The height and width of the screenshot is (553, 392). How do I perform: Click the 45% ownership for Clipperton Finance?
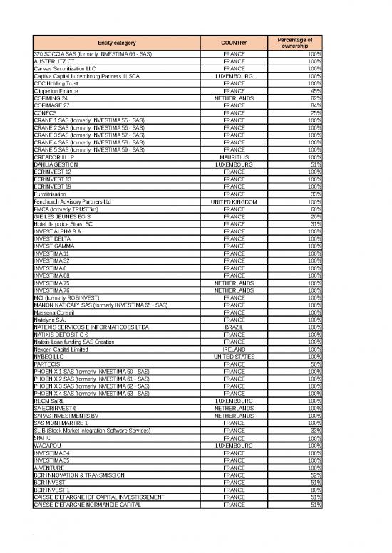[x=314, y=90]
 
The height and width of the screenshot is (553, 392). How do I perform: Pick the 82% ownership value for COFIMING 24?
[x=314, y=98]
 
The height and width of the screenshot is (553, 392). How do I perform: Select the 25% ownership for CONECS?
[x=314, y=112]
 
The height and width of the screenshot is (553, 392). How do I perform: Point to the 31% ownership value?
[x=314, y=223]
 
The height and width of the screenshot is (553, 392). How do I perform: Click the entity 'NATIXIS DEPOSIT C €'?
[x=62, y=334]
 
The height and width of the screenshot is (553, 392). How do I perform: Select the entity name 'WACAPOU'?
[x=48, y=445]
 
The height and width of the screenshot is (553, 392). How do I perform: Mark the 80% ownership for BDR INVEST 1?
[x=314, y=489]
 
